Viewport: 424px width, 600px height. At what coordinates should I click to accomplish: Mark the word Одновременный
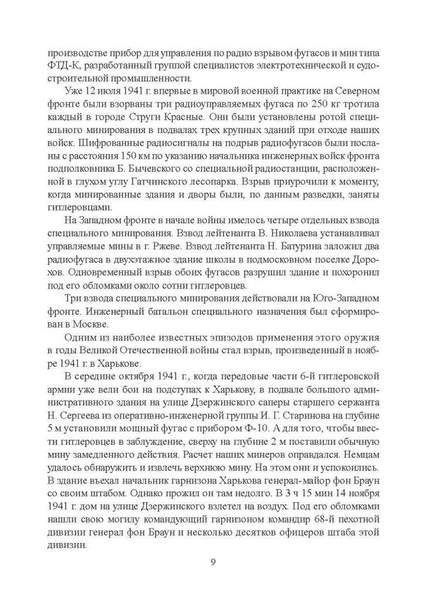[100, 289]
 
